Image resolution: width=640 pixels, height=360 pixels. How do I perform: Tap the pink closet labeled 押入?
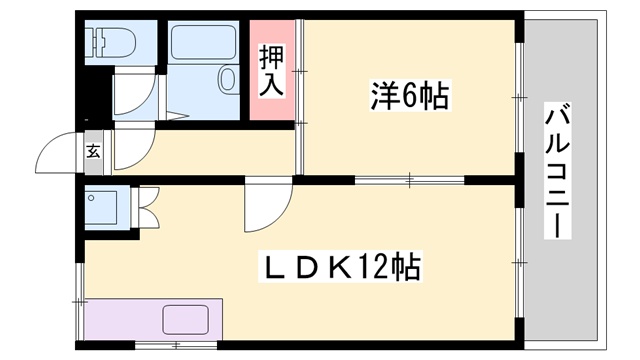point(272,70)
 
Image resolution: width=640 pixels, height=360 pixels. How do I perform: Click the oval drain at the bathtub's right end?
point(227,79)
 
